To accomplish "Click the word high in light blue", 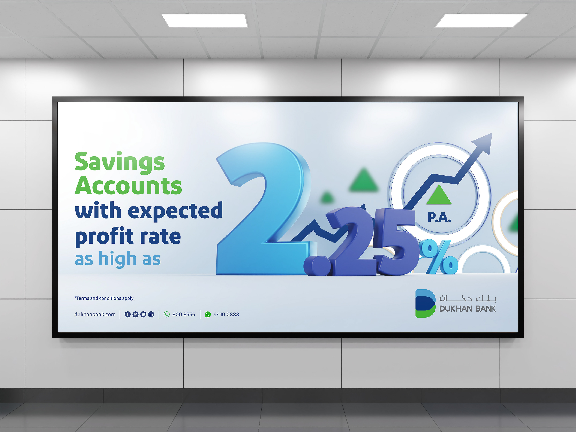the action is (117, 259).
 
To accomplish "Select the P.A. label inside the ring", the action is (439, 217).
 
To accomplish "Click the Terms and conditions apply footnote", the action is (104, 298).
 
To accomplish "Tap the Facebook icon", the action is (128, 314).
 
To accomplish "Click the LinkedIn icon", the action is (151, 314).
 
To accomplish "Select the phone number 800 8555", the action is (184, 314).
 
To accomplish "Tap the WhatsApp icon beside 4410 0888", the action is (208, 314).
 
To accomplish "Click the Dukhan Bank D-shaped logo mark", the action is (425, 303).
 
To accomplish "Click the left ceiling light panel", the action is (204, 20).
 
